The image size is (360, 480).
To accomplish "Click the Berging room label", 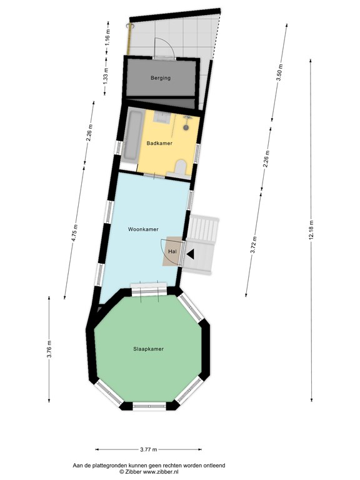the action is [161, 78].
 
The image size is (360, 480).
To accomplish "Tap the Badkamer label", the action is [159, 143].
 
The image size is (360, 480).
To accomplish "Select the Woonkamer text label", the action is [143, 229].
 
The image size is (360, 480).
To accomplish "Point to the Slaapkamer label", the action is [149, 349].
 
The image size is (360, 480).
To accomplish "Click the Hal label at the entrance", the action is [172, 252].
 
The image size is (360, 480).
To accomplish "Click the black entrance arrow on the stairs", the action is [191, 254].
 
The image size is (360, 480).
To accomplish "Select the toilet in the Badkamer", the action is [181, 167].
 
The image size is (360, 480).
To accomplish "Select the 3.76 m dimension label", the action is [49, 349].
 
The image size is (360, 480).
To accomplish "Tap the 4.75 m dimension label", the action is [75, 233].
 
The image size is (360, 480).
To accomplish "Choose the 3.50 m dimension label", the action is [279, 72].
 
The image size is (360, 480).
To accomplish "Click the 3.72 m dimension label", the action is [254, 245].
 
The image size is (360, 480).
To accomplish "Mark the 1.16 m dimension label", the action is [107, 37].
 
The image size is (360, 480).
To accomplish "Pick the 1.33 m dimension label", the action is [106, 75].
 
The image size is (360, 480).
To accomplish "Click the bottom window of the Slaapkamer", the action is [149, 406].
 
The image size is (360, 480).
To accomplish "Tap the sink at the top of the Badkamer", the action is [162, 117].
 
